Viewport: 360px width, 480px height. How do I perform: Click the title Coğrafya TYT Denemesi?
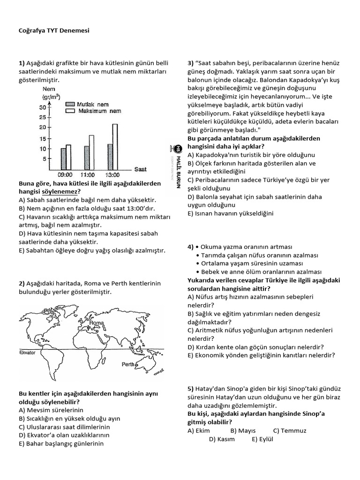[49, 30]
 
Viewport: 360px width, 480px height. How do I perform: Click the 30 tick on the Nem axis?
[42, 107]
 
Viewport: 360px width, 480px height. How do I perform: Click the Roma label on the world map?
[96, 323]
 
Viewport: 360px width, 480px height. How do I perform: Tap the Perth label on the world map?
[128, 364]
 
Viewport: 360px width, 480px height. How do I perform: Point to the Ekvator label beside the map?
[27, 352]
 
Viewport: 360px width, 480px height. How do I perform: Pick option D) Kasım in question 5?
[222, 439]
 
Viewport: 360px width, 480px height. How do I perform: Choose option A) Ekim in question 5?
[199, 430]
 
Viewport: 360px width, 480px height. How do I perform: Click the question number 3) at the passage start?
[191, 63]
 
